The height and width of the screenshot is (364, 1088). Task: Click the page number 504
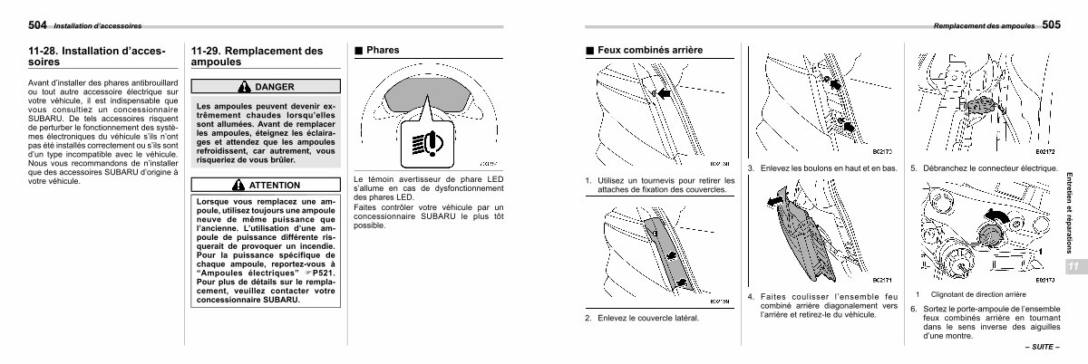tap(38, 24)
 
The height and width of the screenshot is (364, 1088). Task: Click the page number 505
tap(1051, 24)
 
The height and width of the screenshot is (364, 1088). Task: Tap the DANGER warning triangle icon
tap(247, 87)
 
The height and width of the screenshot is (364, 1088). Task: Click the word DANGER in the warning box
tap(275, 87)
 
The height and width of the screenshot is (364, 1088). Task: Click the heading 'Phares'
tap(384, 51)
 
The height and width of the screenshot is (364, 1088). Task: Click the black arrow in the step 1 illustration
tap(665, 93)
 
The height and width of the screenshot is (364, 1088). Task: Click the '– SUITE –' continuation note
tap(1042, 348)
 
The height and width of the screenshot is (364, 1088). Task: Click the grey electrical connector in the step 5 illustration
tap(979, 105)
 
